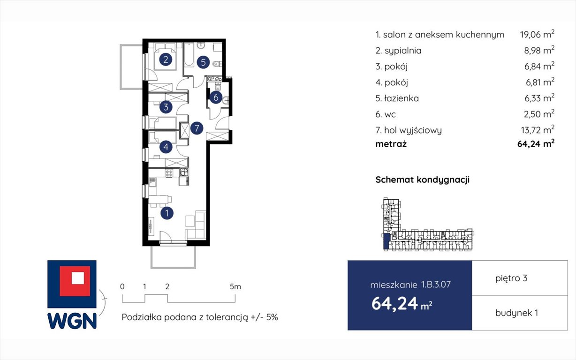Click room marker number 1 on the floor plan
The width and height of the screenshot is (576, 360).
(167, 213)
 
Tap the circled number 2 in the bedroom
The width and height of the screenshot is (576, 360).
(165, 60)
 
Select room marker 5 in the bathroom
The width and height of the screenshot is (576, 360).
(203, 62)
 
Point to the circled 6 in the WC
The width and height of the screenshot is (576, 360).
(215, 97)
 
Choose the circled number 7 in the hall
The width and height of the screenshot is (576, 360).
(197, 128)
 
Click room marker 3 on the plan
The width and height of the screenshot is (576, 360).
(166, 107)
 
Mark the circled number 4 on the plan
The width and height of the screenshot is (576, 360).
(166, 147)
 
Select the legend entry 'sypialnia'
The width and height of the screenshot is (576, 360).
(402, 51)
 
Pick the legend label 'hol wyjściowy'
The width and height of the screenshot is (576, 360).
(412, 130)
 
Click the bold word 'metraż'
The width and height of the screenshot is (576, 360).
(391, 144)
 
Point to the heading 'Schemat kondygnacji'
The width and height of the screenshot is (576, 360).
(422, 180)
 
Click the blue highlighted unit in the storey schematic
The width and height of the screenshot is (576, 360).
(386, 242)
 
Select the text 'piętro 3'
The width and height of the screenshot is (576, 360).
(511, 278)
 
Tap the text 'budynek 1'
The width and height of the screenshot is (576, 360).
(516, 313)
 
